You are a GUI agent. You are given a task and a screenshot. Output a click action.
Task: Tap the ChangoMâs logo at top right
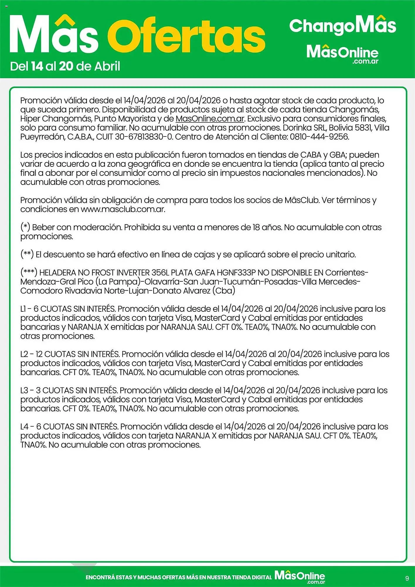(342, 26)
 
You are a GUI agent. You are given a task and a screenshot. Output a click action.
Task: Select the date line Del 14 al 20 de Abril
(65, 66)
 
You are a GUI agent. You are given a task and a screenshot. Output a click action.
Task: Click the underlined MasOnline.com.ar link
(210, 119)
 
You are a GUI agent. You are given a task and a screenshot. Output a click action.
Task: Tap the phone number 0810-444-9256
(319, 137)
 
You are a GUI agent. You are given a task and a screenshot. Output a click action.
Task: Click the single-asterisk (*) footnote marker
(25, 227)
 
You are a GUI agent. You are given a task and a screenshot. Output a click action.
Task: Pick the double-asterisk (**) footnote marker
(27, 254)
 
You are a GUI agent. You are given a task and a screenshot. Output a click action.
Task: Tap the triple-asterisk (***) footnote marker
(29, 272)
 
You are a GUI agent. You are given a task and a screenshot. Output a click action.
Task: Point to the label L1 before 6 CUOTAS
(23, 309)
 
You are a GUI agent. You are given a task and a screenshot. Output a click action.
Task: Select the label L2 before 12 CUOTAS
(24, 354)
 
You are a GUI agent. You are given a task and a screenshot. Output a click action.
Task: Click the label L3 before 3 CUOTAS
(24, 391)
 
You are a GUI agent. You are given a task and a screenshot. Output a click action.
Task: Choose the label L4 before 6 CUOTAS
(25, 427)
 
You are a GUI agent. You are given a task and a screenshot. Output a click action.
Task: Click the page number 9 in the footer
(407, 578)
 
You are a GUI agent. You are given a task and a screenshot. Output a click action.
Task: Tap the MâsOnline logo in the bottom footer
(300, 576)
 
